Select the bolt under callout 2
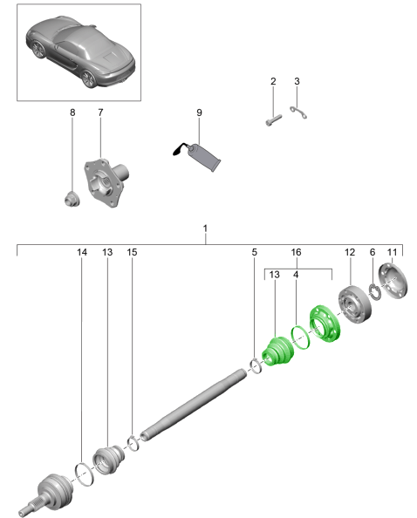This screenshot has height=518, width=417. click(x=274, y=120)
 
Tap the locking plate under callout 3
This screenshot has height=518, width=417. click(x=298, y=112)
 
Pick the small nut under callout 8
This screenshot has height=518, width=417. click(x=72, y=199)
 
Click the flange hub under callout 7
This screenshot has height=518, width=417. click(x=106, y=181)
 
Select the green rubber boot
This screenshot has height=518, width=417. click(x=277, y=351)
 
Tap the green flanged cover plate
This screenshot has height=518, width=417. click(x=325, y=324)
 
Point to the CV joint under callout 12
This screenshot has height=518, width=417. click(x=354, y=304)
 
